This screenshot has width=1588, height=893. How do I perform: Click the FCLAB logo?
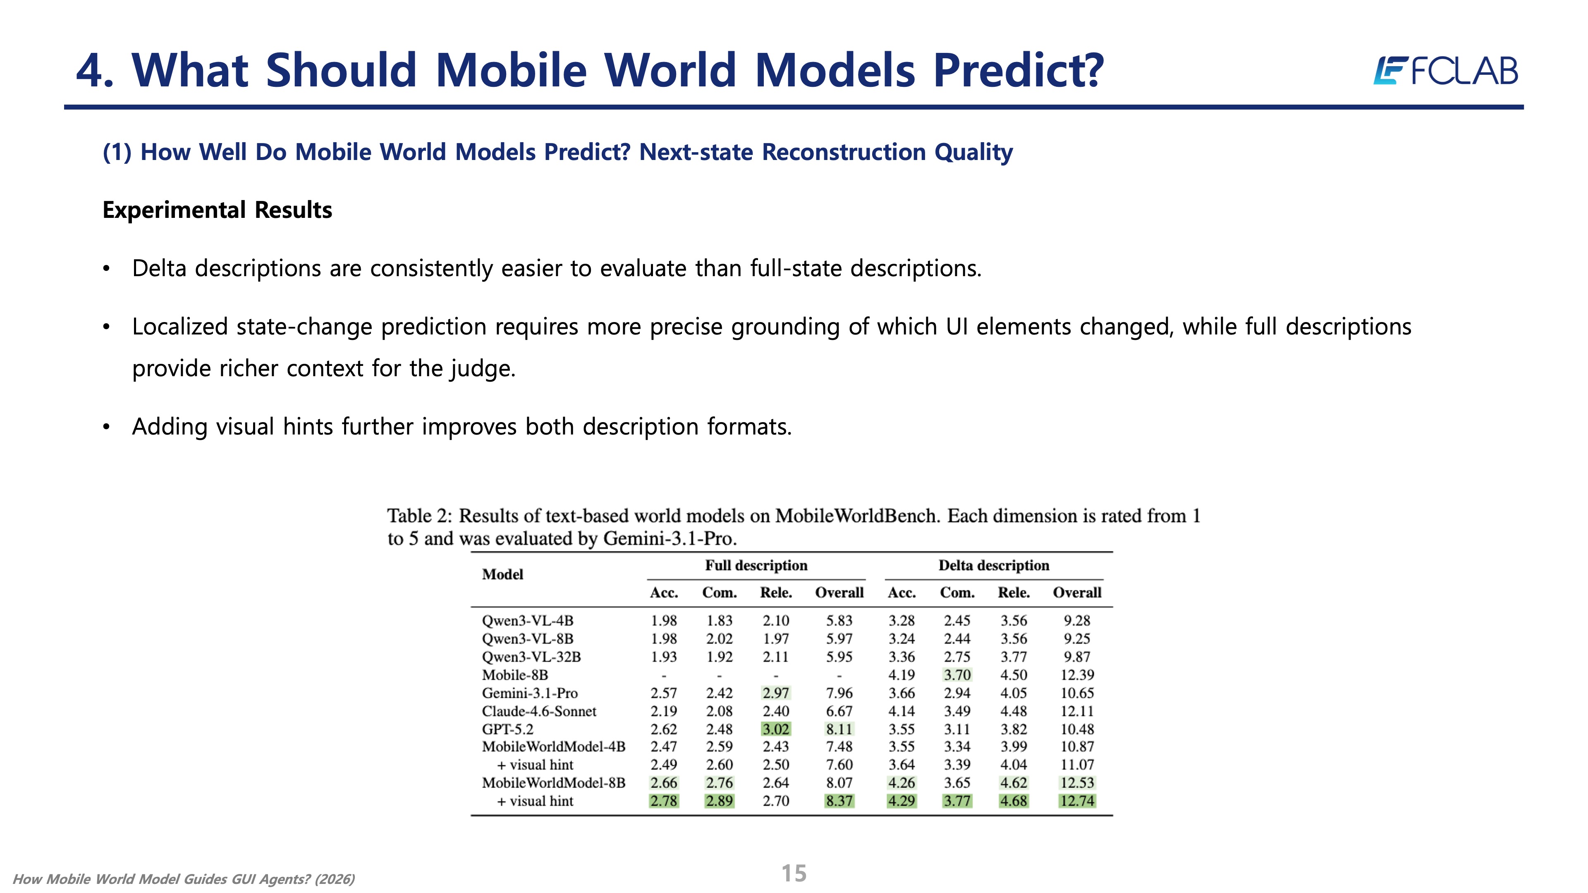tap(1446, 70)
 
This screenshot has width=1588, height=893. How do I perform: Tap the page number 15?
tap(794, 873)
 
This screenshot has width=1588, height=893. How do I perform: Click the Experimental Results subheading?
tap(217, 210)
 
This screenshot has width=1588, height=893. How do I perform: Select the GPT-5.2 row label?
tap(507, 729)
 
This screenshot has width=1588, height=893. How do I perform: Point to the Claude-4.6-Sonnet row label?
tap(539, 711)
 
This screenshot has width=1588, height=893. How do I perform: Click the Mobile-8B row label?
tap(515, 675)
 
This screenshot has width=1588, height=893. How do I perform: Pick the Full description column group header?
tap(756, 566)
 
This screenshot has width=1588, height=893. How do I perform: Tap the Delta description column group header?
tap(994, 566)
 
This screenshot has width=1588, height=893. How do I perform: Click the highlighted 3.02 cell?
tap(775, 729)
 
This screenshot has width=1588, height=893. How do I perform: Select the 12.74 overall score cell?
tap(1077, 801)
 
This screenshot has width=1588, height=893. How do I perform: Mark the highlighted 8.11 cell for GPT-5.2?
tap(839, 729)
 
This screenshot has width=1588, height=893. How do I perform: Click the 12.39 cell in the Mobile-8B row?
tap(1077, 675)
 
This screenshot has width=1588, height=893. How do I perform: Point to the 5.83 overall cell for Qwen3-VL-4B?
tap(839, 621)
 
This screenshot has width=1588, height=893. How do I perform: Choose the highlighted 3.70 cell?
tap(957, 675)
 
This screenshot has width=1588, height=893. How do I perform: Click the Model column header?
tap(502, 574)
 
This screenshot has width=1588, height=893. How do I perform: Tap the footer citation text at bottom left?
tap(184, 879)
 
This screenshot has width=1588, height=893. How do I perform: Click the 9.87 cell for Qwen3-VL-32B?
tap(1077, 657)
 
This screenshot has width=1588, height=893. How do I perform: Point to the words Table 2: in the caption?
tap(419, 516)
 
